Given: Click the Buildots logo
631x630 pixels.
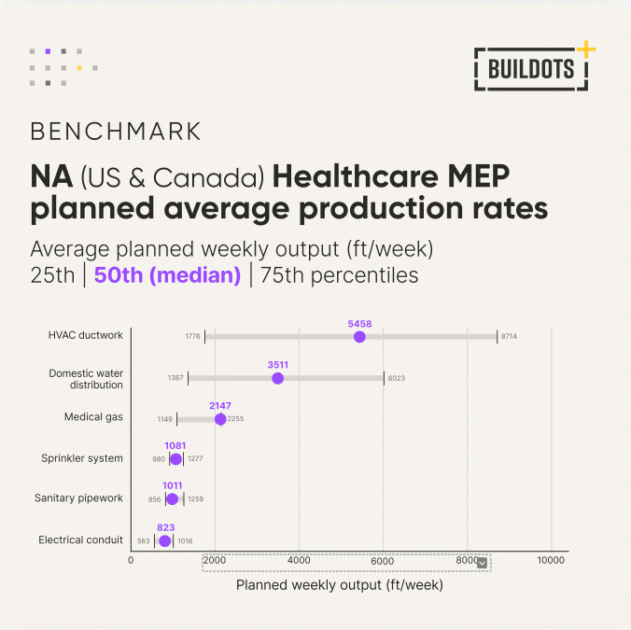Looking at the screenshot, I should pyautogui.click(x=531, y=67).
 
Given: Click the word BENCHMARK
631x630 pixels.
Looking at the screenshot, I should pyautogui.click(x=115, y=129).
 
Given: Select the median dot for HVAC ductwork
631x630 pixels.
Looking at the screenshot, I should pyautogui.click(x=359, y=337).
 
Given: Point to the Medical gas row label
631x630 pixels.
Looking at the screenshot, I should pyautogui.click(x=93, y=417).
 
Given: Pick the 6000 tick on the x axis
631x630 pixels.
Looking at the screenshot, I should pyautogui.click(x=383, y=560).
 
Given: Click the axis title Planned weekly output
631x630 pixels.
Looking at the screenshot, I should pyautogui.click(x=339, y=586).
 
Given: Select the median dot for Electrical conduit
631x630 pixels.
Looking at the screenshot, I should pyautogui.click(x=164, y=540).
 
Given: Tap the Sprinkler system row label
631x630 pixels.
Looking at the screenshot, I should pyautogui.click(x=82, y=458).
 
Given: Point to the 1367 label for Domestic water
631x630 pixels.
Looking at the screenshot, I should pyautogui.click(x=175, y=377).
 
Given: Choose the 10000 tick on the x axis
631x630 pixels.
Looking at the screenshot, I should pyautogui.click(x=551, y=560).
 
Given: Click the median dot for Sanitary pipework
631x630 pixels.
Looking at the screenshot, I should pyautogui.click(x=172, y=499).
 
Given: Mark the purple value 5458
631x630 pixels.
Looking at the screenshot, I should pyautogui.click(x=359, y=323).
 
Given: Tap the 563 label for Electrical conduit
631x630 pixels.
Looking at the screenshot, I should pyautogui.click(x=144, y=540).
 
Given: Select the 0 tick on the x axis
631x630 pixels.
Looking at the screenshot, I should pyautogui.click(x=131, y=560).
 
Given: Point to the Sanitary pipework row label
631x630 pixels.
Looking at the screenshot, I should pyautogui.click(x=78, y=498).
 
